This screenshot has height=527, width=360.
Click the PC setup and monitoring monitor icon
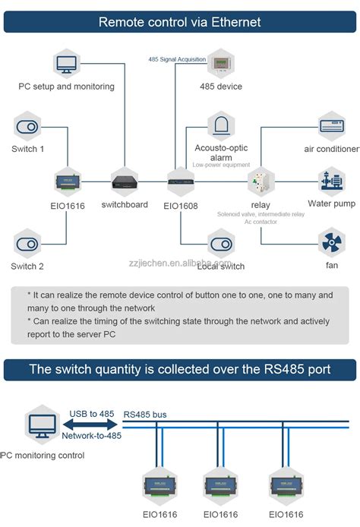(66, 62)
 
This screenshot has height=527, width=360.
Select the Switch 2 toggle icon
(27, 244)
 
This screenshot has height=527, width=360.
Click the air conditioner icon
(331, 125)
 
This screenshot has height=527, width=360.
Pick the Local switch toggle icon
(220, 244)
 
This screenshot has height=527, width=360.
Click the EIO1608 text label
(181, 206)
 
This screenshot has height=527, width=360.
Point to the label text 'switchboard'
(125, 205)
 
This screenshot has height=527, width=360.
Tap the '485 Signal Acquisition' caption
(176, 58)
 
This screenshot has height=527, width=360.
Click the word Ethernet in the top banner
(232, 22)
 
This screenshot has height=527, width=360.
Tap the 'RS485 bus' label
(145, 415)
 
